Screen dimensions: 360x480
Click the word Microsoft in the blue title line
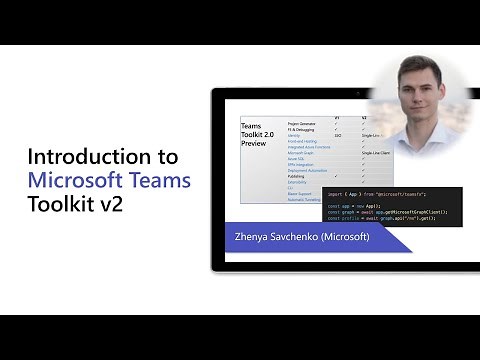tap(79, 181)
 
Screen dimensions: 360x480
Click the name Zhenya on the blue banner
tap(253, 237)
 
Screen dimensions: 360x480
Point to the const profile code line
tap(383, 219)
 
